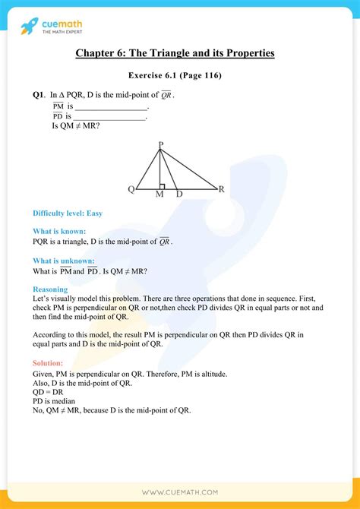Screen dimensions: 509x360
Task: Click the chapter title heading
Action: coord(179,53)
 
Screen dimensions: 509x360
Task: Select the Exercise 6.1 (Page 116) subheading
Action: coord(179,76)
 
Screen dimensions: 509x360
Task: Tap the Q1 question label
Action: coord(39,95)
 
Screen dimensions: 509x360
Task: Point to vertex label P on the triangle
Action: coord(160,144)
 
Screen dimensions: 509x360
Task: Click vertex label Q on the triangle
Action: coord(131,189)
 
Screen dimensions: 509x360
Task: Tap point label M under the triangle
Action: coord(159,195)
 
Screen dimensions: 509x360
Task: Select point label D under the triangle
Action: coord(179,195)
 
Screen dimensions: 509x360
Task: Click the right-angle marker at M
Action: coord(163,185)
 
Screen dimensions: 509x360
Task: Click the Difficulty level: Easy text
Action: coord(68,213)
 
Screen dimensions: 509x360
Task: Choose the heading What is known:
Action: coord(59,231)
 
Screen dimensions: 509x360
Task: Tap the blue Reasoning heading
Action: coord(50,289)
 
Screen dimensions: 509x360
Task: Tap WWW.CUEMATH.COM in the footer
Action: coord(179,492)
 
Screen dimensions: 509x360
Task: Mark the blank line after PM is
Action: coord(112,107)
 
